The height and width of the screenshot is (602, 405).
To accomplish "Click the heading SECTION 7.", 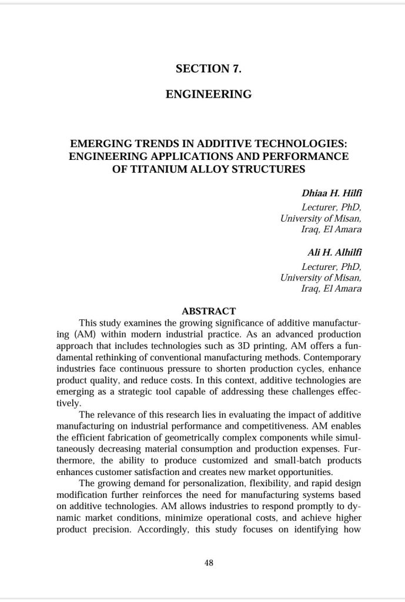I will click(209, 69).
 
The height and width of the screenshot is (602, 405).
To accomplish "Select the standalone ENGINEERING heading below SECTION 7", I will click(209, 94).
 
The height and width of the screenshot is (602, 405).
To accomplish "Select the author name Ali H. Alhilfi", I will click(335, 253).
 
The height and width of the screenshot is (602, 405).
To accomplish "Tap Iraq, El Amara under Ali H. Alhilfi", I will click(332, 289).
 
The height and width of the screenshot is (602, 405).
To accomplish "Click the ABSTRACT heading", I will click(209, 311).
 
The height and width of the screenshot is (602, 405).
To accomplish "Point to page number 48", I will click(209, 563).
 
